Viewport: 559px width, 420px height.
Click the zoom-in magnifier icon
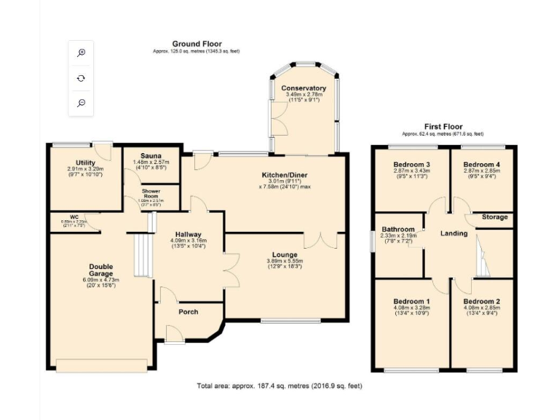click(82, 52)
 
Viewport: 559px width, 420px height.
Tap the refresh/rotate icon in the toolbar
click(82, 77)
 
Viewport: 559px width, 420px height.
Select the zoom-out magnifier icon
click(82, 103)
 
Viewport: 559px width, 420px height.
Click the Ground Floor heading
click(197, 44)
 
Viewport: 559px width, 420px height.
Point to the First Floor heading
click(445, 127)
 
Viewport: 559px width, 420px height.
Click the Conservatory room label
click(306, 88)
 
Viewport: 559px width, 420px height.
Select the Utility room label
click(86, 162)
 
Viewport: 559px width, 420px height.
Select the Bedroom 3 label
click(411, 164)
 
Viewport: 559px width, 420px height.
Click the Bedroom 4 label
click(481, 164)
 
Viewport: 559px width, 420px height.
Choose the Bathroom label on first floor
click(399, 229)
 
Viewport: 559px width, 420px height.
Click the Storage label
click(495, 217)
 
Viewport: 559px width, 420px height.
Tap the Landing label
click(454, 233)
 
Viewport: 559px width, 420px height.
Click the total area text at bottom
click(279, 386)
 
